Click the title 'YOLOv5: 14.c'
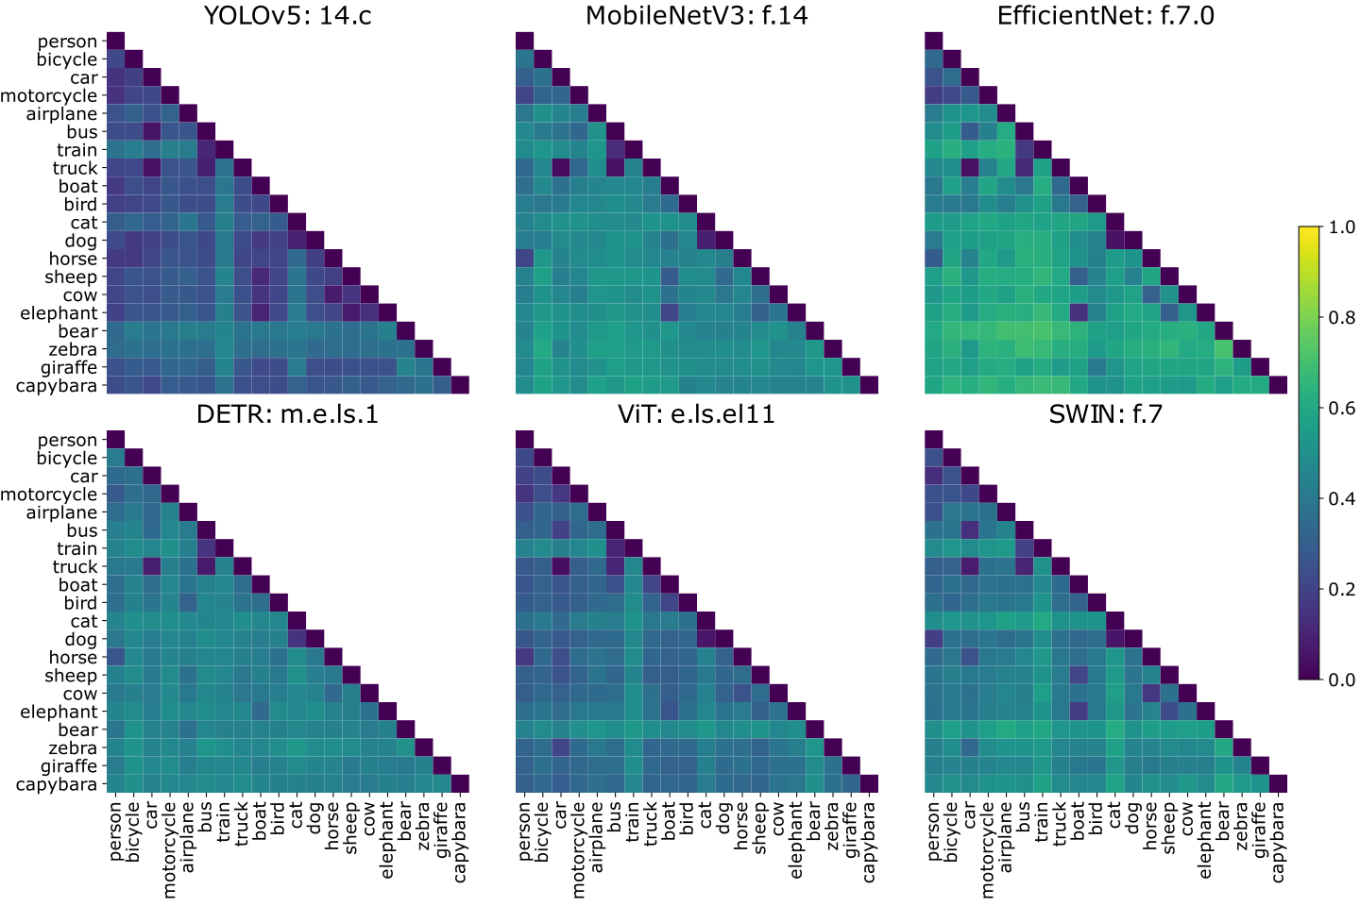[287, 15]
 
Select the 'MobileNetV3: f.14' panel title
[696, 15]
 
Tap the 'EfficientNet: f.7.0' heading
[1105, 15]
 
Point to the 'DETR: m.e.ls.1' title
[287, 414]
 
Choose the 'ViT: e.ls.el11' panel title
[696, 414]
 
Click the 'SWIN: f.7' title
[1105, 414]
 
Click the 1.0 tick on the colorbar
[1341, 227]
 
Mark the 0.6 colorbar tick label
[1341, 409]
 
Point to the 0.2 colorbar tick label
[1341, 590]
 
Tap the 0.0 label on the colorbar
[1341, 679]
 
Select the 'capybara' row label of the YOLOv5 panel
[56, 386]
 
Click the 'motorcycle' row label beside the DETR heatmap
[48, 495]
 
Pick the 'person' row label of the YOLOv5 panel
[67, 42]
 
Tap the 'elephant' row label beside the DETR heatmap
[59, 713]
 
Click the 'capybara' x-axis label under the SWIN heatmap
[1278, 842]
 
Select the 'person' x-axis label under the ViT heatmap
[525, 831]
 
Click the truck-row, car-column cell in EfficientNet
[970, 168]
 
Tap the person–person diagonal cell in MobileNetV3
[524, 41]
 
